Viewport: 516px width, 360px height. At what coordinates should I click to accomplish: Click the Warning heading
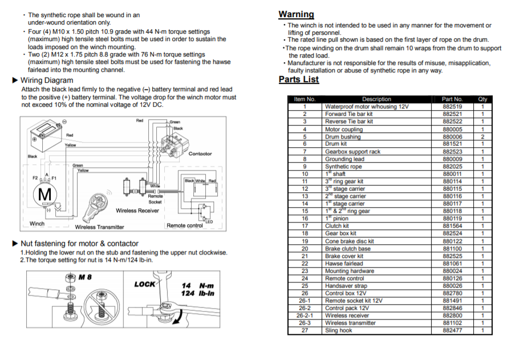(296, 14)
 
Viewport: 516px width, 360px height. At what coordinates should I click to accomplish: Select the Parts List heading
(298, 79)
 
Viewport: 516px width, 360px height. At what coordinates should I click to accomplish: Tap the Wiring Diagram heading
(46, 80)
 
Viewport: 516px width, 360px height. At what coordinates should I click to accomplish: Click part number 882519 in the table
(452, 107)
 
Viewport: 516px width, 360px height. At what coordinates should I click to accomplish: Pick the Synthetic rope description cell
(343, 167)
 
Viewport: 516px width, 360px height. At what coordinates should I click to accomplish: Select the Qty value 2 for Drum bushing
(482, 137)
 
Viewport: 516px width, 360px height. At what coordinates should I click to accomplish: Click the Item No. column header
(304, 99)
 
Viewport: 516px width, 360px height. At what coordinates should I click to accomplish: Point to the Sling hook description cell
(339, 330)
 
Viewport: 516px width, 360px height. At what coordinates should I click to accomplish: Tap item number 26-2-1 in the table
(304, 315)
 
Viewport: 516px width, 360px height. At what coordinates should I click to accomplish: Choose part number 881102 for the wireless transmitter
(452, 323)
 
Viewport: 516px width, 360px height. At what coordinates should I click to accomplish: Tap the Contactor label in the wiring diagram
(200, 153)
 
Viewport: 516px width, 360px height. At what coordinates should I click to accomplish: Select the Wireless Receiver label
(137, 211)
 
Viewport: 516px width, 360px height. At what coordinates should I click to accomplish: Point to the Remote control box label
(184, 225)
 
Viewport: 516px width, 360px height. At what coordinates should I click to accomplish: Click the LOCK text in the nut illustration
(145, 284)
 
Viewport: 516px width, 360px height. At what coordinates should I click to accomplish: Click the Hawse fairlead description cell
(344, 264)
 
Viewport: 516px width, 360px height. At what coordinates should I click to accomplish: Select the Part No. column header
(452, 99)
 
